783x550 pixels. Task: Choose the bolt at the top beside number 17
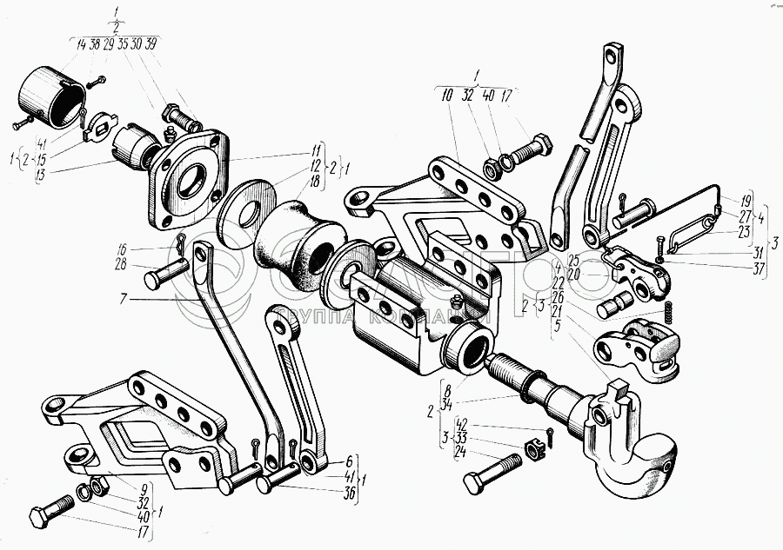(525, 154)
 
